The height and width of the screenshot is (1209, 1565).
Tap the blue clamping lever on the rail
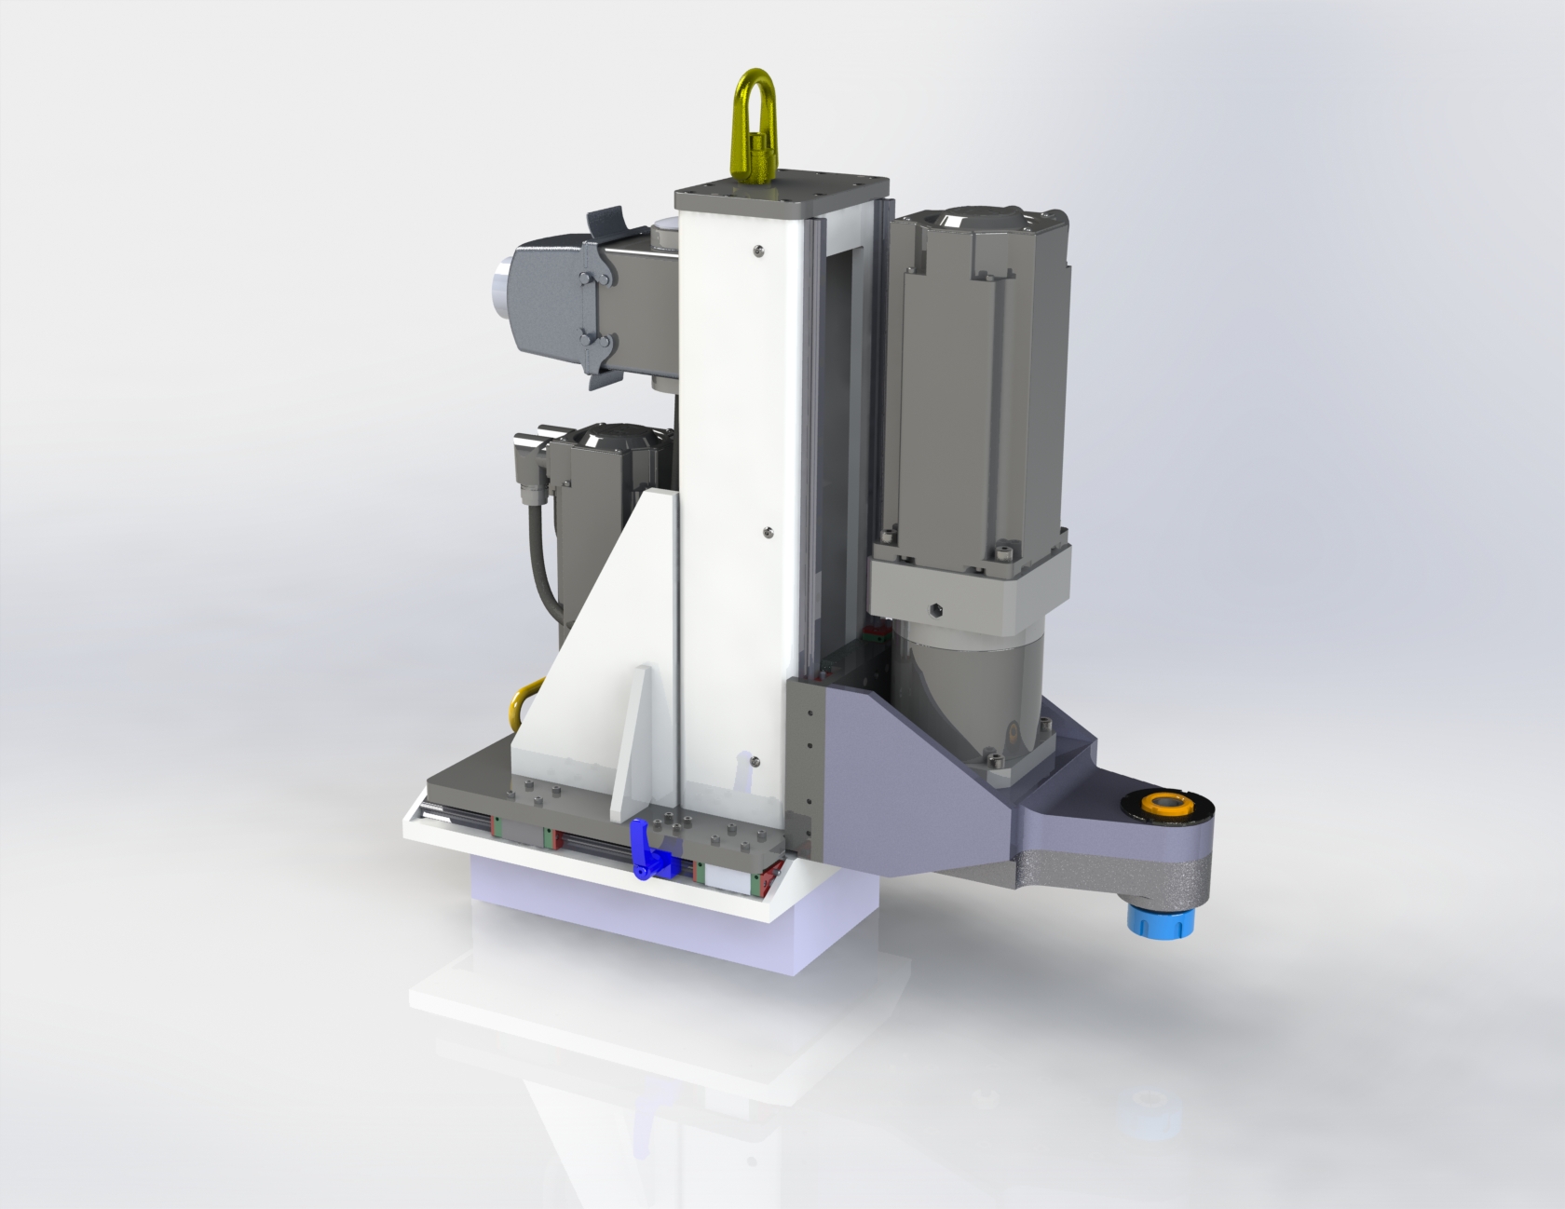(650, 849)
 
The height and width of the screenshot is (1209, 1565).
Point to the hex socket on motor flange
(935, 611)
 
